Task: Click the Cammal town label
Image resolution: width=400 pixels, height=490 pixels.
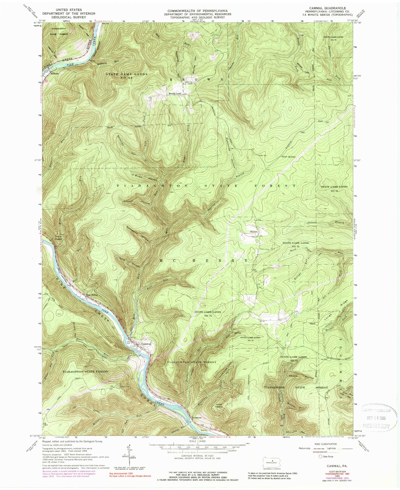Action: tap(146, 344)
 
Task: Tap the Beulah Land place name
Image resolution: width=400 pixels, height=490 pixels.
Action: tap(175, 94)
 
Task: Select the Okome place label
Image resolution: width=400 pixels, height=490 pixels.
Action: tap(254, 232)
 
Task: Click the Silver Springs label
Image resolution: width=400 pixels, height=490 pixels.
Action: tap(289, 157)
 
